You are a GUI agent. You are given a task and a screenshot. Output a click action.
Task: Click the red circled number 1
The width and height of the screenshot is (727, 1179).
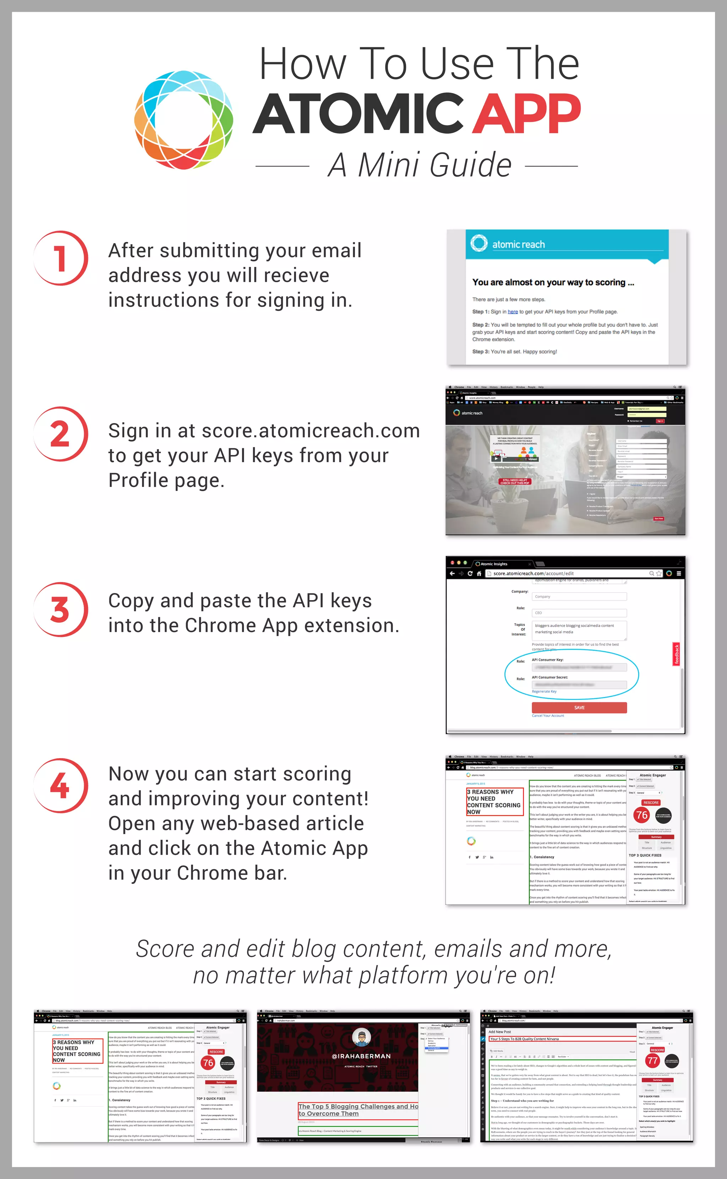(61, 259)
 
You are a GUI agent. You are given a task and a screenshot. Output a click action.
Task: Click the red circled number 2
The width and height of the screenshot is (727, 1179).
(61, 434)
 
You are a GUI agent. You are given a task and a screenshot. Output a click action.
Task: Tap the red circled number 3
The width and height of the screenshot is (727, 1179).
(61, 609)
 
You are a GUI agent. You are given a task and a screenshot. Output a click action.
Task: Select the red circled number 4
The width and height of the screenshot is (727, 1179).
(61, 786)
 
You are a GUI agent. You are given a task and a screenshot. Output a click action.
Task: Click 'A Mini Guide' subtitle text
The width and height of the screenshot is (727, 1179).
(419, 165)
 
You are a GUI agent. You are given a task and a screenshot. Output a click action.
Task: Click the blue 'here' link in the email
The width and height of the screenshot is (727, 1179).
(513, 312)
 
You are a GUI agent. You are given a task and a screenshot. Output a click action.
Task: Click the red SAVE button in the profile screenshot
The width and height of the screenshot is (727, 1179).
(579, 707)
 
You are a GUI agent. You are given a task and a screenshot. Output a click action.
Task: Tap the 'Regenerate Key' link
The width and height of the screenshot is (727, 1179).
(544, 691)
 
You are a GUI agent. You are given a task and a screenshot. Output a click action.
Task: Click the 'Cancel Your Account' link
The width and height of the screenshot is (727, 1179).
(548, 715)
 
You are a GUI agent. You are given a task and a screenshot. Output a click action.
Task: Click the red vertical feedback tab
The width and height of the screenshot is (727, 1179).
(676, 654)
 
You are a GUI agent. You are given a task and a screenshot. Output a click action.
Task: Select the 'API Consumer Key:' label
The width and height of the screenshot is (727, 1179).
(547, 660)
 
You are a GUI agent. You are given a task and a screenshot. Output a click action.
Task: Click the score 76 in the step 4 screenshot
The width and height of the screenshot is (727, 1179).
(641, 815)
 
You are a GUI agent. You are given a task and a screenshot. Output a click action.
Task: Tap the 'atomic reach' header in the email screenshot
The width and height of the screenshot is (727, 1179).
(518, 245)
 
